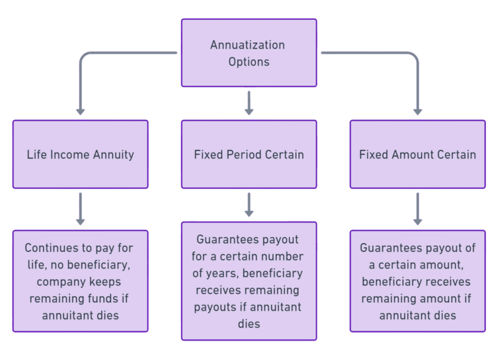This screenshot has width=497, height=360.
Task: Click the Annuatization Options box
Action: (248, 53)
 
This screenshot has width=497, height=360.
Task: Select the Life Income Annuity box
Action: (80, 154)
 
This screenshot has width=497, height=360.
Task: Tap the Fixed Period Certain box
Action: (248, 154)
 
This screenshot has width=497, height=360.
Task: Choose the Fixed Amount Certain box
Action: (417, 154)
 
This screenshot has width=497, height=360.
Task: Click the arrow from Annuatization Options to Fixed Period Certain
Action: (248, 103)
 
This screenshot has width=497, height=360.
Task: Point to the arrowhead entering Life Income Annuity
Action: (80, 112)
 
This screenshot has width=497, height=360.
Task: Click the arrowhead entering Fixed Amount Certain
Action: (417, 112)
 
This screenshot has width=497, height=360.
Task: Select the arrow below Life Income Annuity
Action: (80, 208)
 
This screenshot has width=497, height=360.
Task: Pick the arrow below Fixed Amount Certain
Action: (417, 208)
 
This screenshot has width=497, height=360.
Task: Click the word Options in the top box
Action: (248, 62)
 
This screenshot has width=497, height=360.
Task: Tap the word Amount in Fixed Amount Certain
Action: (414, 154)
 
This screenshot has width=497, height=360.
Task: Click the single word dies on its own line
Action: (248, 324)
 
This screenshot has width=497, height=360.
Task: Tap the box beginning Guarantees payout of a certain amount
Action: (417, 281)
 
